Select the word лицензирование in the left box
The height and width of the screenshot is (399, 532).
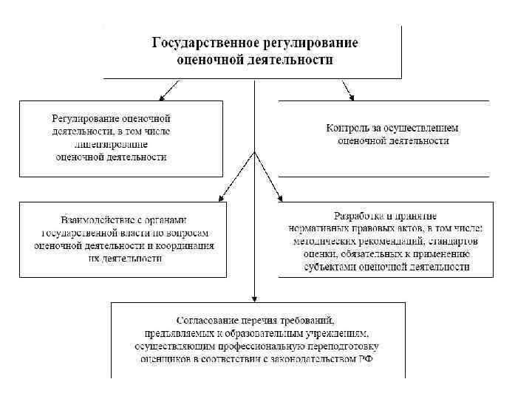point(111,143)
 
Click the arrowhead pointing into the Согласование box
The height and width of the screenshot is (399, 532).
point(255,297)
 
